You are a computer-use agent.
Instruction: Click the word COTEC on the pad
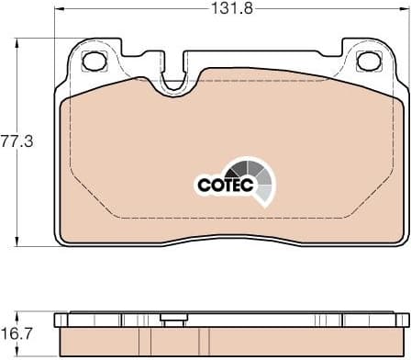coord(222,185)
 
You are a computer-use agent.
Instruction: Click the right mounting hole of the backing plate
coord(367,62)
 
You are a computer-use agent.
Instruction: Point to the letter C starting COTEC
coord(204,185)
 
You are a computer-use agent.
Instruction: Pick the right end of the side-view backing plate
coord(402,321)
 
